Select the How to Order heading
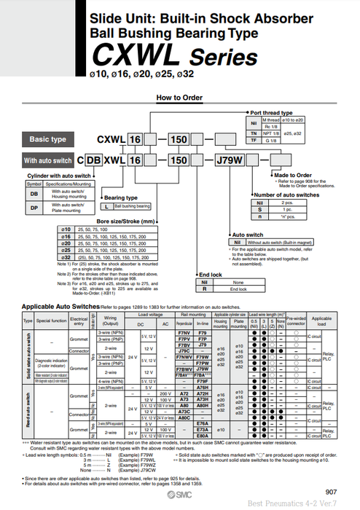click(179, 97)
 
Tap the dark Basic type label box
click(48, 138)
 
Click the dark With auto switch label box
click(48, 160)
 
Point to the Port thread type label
click(271, 113)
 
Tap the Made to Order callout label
click(293, 175)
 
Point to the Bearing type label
click(121, 197)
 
